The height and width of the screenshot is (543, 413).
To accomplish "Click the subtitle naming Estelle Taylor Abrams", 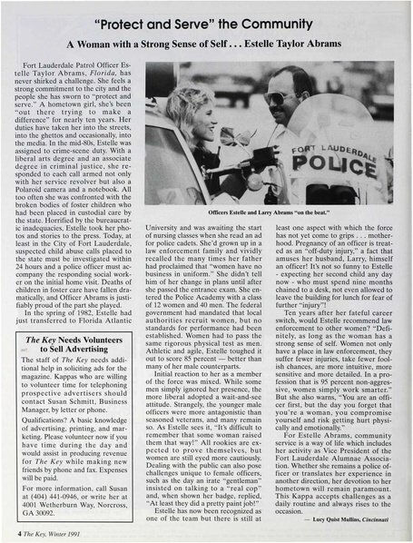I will (206, 45).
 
